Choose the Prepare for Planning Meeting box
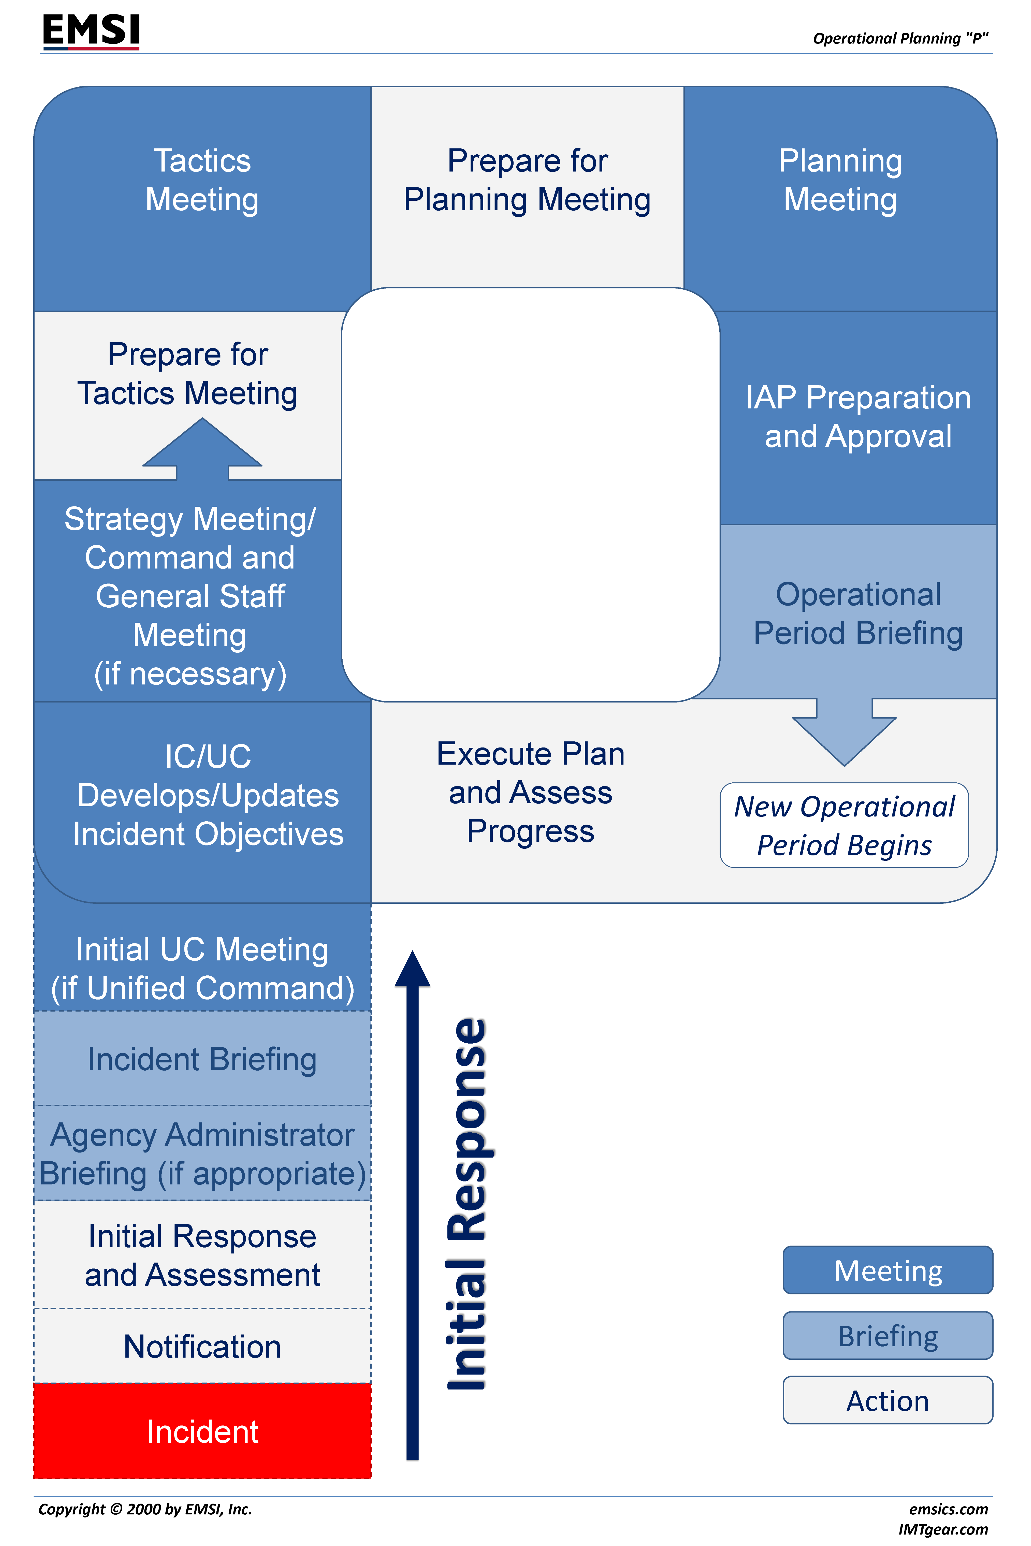(x=527, y=181)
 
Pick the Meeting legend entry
(x=888, y=1270)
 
